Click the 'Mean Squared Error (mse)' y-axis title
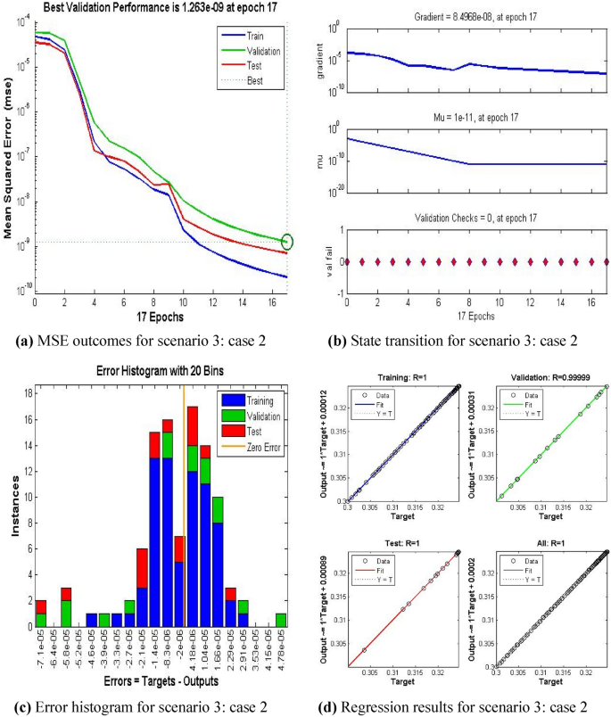pyautogui.click(x=8, y=165)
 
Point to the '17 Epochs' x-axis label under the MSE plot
pyautogui.click(x=161, y=317)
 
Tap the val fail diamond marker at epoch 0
pyautogui.click(x=347, y=261)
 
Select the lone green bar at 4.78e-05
pyautogui.click(x=282, y=620)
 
